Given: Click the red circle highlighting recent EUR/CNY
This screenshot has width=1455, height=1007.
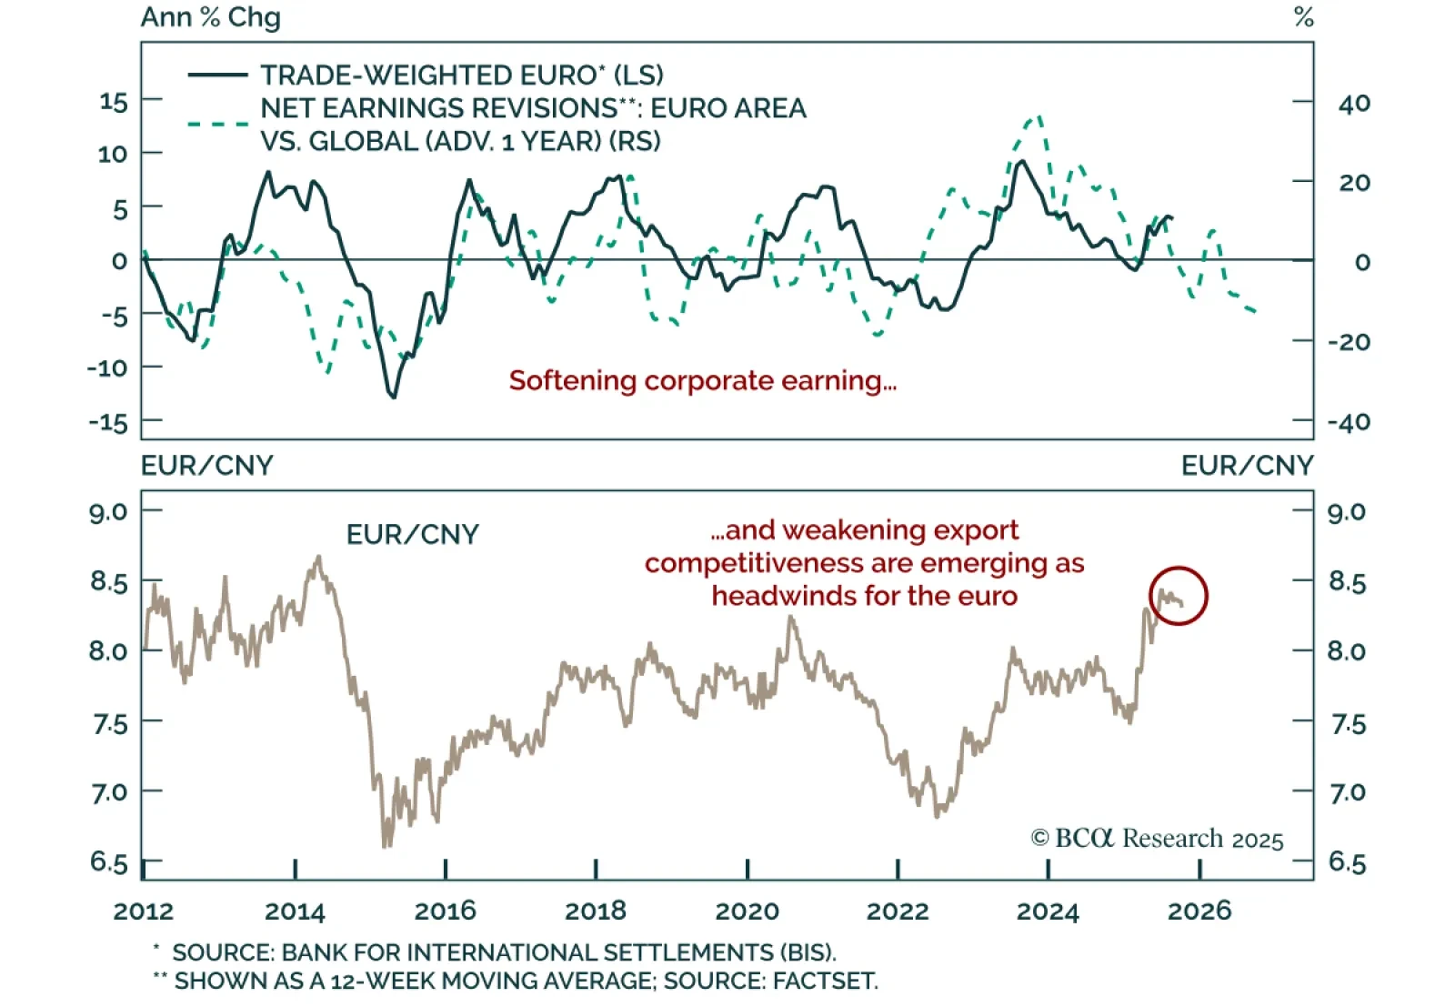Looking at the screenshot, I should (x=1178, y=596).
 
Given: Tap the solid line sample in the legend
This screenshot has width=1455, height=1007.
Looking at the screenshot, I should (x=217, y=75).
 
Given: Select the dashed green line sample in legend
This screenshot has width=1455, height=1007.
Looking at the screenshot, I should (x=217, y=123).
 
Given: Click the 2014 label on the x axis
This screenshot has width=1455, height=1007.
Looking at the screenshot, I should (x=295, y=911).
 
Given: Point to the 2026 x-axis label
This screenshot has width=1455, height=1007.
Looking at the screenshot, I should (x=1199, y=911).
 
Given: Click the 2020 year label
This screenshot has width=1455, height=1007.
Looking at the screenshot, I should (x=747, y=911).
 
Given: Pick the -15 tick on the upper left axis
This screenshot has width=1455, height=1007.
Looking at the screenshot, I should (x=109, y=422).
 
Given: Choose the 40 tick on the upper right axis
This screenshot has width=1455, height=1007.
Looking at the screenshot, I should (x=1354, y=103).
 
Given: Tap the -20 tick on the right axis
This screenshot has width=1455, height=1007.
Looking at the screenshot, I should (x=1350, y=342).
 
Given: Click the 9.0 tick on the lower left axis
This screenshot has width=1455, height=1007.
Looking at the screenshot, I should (x=108, y=511).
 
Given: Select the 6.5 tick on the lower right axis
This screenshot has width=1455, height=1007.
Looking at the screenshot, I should (x=1347, y=861).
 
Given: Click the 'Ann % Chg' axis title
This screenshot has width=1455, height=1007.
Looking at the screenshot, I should (x=210, y=17).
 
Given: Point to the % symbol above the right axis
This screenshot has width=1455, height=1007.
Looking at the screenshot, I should (x=1303, y=17).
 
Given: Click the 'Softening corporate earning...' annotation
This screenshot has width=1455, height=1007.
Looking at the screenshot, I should (x=702, y=380).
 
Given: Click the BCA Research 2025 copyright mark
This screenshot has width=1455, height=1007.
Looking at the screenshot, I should (x=1157, y=838).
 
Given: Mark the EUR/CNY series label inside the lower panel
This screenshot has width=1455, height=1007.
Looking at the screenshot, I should (x=412, y=534).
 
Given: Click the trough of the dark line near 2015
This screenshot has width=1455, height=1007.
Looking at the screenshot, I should (x=393, y=397).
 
